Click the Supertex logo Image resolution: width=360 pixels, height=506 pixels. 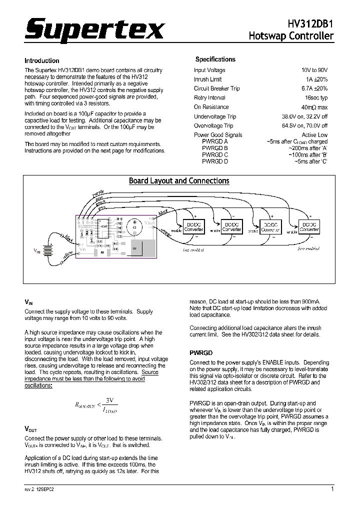[x=94, y=31]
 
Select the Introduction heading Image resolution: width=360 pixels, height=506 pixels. [x=42, y=60]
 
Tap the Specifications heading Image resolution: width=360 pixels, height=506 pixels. [x=215, y=59]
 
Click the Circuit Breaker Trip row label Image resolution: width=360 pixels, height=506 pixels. [x=216, y=88]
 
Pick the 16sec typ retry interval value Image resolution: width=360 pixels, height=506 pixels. [x=316, y=98]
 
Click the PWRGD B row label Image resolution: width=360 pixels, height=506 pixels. [x=215, y=148]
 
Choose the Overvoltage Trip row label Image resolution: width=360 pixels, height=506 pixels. [x=214, y=125]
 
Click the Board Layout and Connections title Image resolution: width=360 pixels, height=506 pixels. [x=179, y=181]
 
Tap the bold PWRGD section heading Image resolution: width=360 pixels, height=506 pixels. [x=201, y=352]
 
